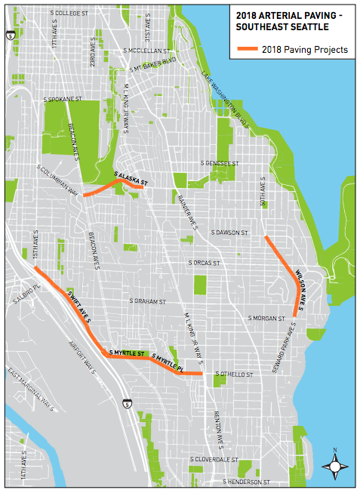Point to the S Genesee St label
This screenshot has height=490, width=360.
(220, 162)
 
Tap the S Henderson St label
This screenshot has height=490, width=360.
(246, 481)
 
